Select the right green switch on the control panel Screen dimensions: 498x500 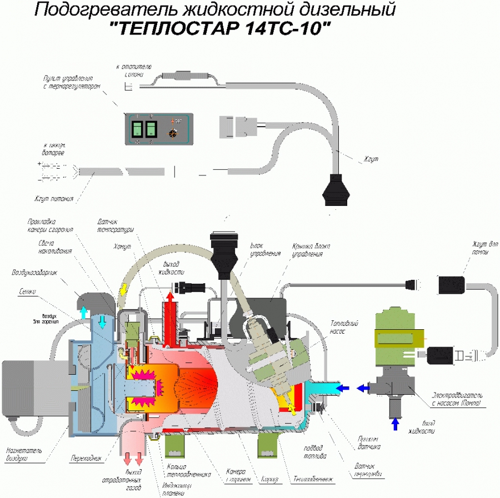point(151,129)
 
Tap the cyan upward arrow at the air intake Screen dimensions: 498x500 point(83,311)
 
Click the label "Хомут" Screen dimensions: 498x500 point(123,245)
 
